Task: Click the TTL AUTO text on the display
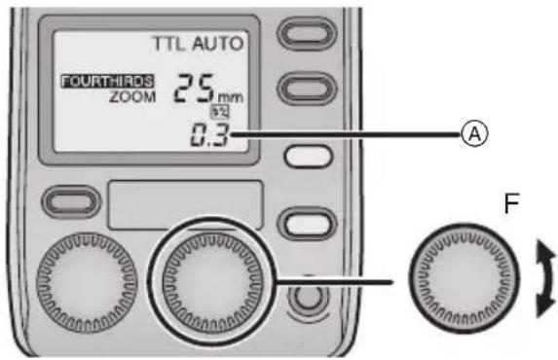tap(198, 44)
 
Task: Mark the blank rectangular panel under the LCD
tap(186, 203)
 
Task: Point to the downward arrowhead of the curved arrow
tap(542, 308)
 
